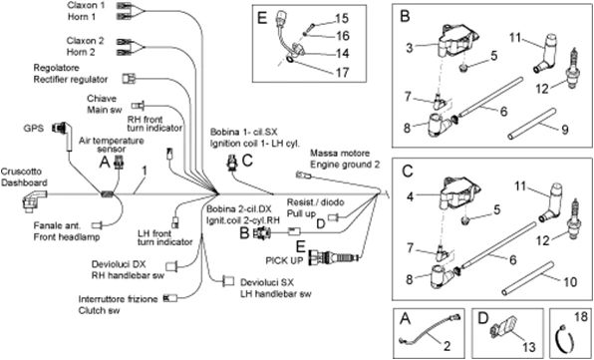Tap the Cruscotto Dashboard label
pos(22,176)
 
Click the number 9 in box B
pos(563,128)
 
